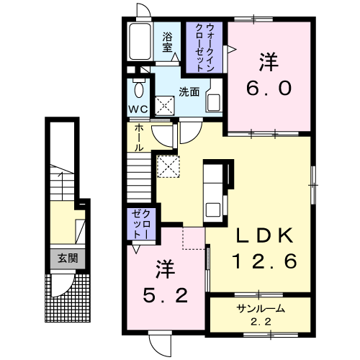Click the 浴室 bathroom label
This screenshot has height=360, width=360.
167,42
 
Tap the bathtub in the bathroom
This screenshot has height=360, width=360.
140,41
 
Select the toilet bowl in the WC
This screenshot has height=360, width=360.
138,88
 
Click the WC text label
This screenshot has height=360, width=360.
138,109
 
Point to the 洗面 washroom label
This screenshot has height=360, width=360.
189,91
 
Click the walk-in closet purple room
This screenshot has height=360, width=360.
204,48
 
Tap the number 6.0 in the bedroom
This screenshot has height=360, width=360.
269,88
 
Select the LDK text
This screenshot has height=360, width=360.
265,235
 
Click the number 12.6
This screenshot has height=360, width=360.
265,261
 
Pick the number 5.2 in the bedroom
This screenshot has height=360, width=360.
166,295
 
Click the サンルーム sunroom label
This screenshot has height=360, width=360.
261,309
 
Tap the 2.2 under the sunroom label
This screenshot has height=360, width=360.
261,322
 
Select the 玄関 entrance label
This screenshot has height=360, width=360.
68,258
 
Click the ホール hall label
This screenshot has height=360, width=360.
139,138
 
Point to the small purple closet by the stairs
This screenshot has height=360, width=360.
141,224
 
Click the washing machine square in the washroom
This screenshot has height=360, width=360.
165,105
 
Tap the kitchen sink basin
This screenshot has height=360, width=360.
212,209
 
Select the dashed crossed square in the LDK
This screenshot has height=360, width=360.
168,166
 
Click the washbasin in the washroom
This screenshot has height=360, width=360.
213,102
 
